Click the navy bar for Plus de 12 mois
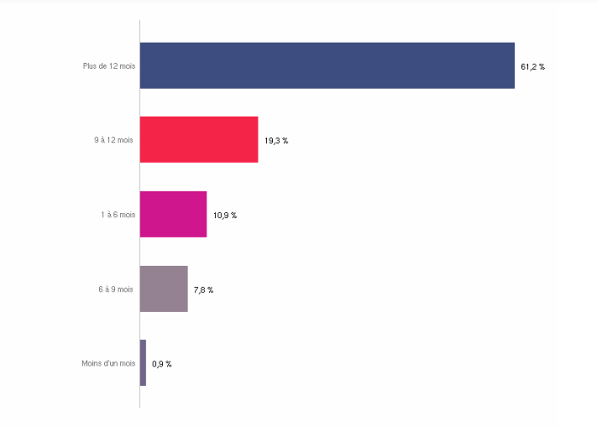click(327, 66)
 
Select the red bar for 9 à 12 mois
click(199, 140)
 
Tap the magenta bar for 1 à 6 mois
click(173, 214)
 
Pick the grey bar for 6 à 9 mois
click(164, 289)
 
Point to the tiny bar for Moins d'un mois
click(143, 363)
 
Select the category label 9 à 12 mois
click(114, 141)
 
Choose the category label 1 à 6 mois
click(118, 215)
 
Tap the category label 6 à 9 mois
click(116, 290)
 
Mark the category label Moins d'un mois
click(108, 364)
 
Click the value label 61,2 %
click(532, 66)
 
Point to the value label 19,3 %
click(276, 141)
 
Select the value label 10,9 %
click(225, 216)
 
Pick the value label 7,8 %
click(204, 291)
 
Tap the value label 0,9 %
click(162, 364)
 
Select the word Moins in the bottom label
click(91, 364)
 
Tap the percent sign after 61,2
click(542, 66)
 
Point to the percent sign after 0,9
click(169, 364)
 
